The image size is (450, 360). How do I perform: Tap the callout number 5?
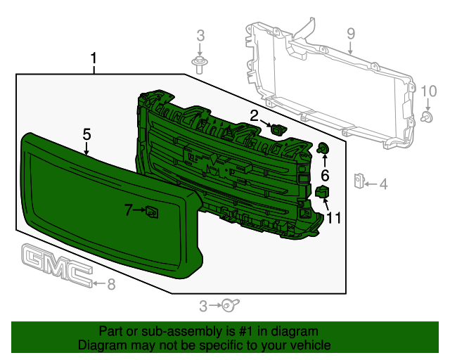[x=86, y=134]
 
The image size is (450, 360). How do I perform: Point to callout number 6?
[x=325, y=175]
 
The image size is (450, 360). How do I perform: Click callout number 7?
[x=129, y=210]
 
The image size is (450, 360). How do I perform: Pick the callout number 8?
[x=110, y=284]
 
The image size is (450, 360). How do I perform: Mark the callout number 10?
[x=428, y=90]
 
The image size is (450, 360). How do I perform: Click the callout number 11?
[x=333, y=218]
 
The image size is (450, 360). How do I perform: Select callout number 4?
[x=383, y=185]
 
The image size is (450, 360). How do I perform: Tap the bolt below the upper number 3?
[x=200, y=67]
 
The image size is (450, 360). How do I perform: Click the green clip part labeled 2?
[x=278, y=129]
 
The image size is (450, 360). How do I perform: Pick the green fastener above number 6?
[x=324, y=148]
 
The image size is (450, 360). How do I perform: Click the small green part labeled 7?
[x=152, y=211]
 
